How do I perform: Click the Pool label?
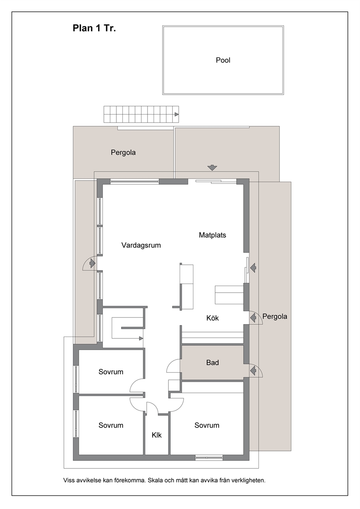223,60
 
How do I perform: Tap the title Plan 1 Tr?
94,28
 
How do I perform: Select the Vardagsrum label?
141,245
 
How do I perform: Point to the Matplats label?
213,235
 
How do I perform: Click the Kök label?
213,318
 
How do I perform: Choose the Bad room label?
213,362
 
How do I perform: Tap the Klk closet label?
156,435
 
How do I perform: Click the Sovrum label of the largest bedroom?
207,425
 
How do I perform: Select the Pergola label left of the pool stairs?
123,152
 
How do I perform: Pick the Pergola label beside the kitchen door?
275,316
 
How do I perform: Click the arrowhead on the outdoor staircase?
177,114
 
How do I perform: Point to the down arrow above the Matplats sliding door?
212,168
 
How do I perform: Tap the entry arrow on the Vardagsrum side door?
92,264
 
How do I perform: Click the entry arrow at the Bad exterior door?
253,371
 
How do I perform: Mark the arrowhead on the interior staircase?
141,338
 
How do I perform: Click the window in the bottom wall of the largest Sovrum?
209,457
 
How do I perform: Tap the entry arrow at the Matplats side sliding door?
253,267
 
